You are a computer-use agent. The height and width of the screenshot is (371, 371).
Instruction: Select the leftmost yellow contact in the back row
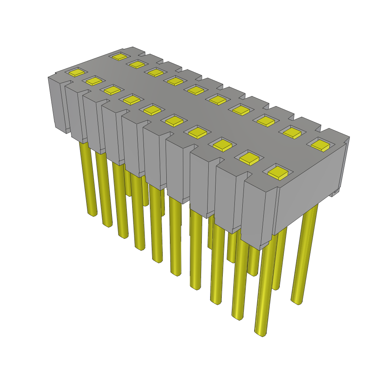[119, 57]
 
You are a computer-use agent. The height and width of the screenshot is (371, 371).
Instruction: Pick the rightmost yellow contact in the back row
[320, 145]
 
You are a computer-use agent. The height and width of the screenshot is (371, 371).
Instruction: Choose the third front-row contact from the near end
[222, 145]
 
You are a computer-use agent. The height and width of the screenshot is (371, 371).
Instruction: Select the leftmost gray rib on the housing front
[60, 105]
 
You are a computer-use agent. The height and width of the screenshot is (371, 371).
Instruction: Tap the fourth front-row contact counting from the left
[132, 99]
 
